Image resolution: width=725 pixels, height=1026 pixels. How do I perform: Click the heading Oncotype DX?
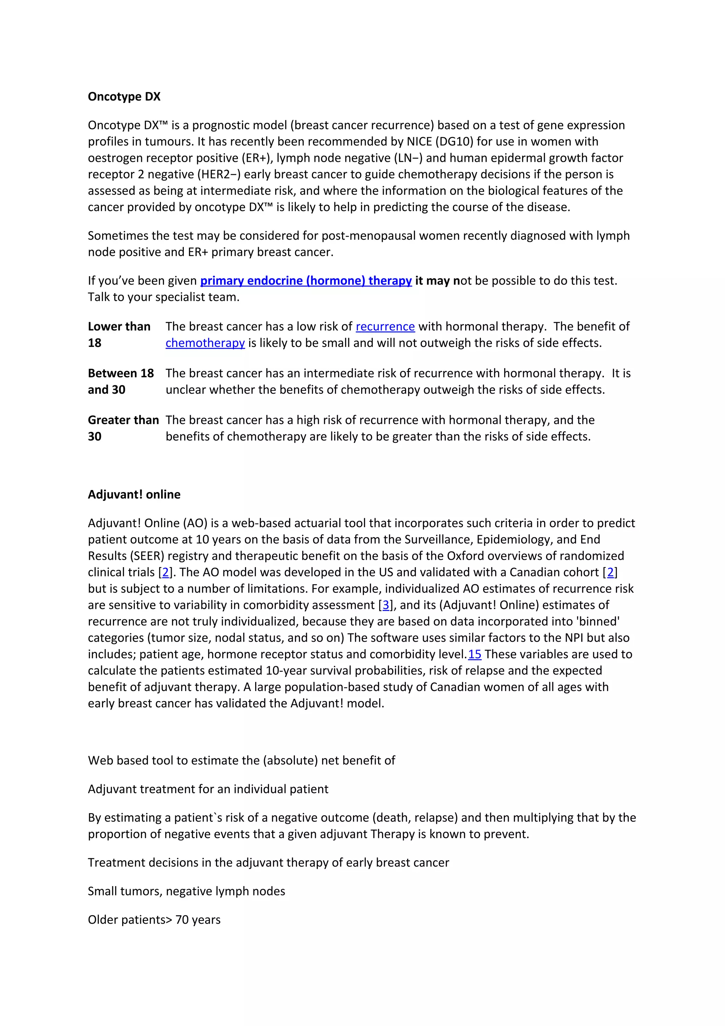point(124,97)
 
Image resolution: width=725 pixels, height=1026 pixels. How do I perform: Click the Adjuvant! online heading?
point(134,494)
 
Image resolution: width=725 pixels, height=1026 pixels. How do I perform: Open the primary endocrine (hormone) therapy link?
point(306,281)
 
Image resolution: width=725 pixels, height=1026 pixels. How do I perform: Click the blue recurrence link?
point(385,327)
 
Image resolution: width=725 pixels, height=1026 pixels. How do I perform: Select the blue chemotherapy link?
point(205,343)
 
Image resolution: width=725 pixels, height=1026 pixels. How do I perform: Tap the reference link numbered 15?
point(474,654)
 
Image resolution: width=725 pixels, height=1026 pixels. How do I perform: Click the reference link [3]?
point(386,605)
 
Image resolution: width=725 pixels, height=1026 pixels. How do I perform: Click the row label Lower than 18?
point(119,334)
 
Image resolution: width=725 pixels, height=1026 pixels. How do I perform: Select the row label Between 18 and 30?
point(121,381)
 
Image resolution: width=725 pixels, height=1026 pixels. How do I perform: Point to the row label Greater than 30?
point(123,428)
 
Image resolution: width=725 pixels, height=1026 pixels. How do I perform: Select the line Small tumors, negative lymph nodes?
point(186,891)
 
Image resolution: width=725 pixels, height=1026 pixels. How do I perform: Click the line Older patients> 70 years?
point(154,920)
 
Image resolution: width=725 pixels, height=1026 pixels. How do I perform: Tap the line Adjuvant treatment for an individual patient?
point(208,789)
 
